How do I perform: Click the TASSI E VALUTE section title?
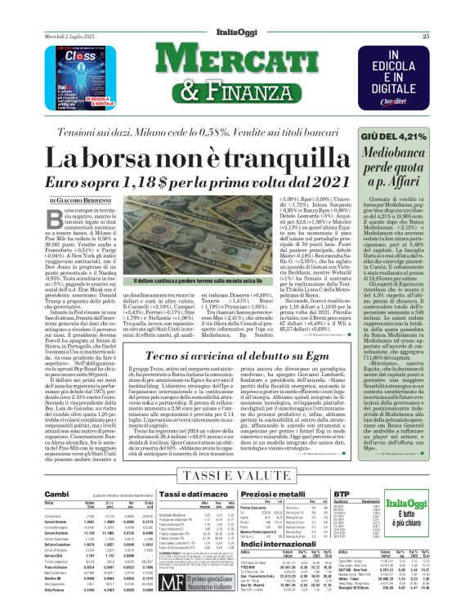click(x=236, y=475)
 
